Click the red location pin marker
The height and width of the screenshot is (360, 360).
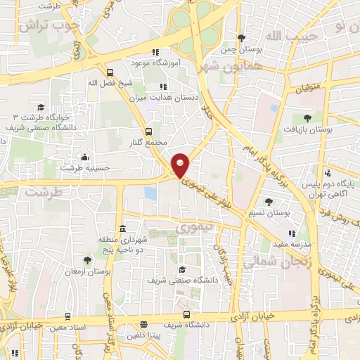click(x=181, y=165)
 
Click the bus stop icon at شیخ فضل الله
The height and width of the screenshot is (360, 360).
click(x=109, y=72)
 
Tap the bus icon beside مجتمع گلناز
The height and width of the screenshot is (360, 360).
click(x=148, y=131)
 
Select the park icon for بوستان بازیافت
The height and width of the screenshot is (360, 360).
click(x=307, y=118)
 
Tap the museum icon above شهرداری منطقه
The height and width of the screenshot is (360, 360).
click(x=122, y=229)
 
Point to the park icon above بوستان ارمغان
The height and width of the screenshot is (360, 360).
click(x=86, y=260)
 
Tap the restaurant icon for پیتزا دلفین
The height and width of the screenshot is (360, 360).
click(x=143, y=326)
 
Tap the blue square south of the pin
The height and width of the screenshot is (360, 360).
click(x=150, y=193)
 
